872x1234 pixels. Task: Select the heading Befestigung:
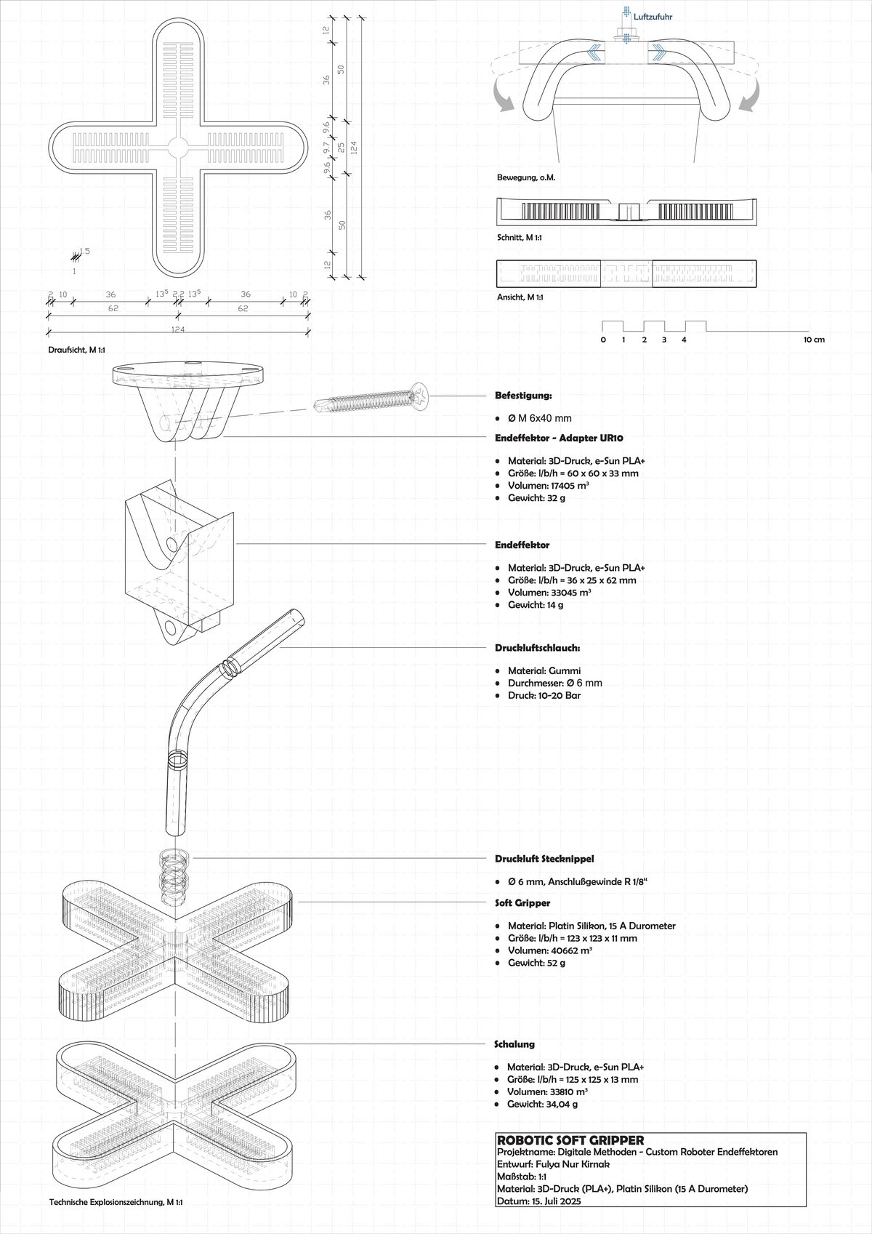tap(523, 396)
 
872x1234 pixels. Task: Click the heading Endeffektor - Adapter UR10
tap(559, 438)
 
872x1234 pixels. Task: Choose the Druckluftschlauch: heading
tap(538, 647)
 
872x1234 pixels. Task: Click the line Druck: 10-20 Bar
tap(544, 695)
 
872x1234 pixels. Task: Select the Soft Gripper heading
tap(522, 902)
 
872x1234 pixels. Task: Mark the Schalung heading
tap(514, 1043)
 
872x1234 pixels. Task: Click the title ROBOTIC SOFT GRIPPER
tap(570, 1140)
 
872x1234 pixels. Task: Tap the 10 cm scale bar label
tap(814, 340)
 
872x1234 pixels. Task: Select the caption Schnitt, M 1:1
tap(520, 238)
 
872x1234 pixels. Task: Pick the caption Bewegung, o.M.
tap(525, 177)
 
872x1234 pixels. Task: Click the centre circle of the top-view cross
tap(177, 146)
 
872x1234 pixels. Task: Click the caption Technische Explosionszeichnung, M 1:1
tap(116, 1202)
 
